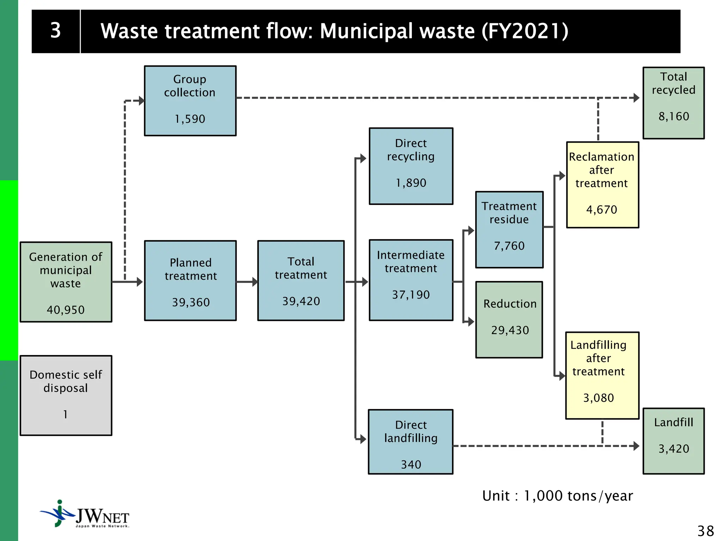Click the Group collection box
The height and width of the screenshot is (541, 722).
(x=190, y=101)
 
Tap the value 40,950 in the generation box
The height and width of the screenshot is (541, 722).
(x=66, y=310)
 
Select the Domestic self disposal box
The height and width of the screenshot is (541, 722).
(x=66, y=395)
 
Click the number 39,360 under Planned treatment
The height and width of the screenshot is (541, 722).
(x=191, y=302)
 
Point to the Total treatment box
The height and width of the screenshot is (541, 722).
(x=301, y=280)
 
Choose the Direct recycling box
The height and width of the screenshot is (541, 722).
(x=411, y=166)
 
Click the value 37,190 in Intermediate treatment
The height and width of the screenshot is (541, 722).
(x=411, y=295)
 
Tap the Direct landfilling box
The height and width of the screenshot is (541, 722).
(x=411, y=442)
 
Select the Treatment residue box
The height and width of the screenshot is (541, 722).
(x=509, y=230)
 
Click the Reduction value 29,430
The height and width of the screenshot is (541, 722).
(x=510, y=330)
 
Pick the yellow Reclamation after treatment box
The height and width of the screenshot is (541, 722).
(x=602, y=185)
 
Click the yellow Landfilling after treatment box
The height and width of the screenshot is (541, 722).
(x=602, y=375)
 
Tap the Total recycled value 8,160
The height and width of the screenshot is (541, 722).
(x=674, y=117)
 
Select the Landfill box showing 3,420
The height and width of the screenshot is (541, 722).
(x=673, y=441)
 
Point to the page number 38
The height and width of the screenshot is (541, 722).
(x=705, y=531)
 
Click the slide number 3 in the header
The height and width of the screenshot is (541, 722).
(x=56, y=31)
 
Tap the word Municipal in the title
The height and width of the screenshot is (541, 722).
(x=366, y=31)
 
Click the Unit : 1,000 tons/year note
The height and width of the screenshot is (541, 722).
(x=557, y=496)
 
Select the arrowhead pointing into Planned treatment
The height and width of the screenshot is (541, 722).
(x=140, y=282)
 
